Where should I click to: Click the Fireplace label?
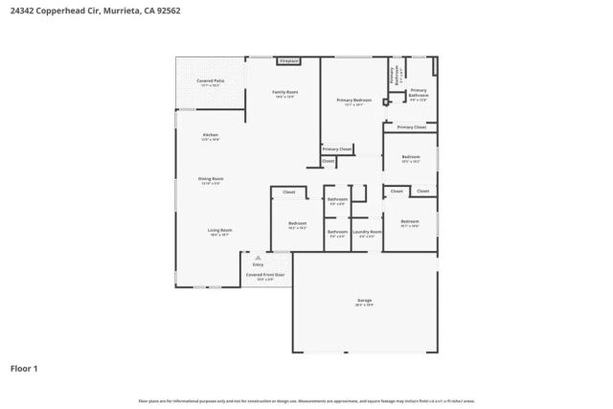click(288, 61)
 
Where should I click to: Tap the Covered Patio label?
click(210, 81)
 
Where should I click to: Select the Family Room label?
click(285, 92)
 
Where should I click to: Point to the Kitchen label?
click(210, 136)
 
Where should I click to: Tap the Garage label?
click(364, 301)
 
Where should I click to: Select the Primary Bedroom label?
click(353, 101)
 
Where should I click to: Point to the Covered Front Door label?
click(265, 275)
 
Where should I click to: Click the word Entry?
click(258, 263)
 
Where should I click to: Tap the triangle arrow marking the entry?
click(258, 256)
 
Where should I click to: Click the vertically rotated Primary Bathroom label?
click(393, 75)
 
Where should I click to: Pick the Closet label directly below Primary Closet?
click(329, 161)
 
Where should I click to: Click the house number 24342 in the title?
click(23, 10)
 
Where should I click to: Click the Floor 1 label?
click(25, 368)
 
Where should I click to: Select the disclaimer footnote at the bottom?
click(306, 400)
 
